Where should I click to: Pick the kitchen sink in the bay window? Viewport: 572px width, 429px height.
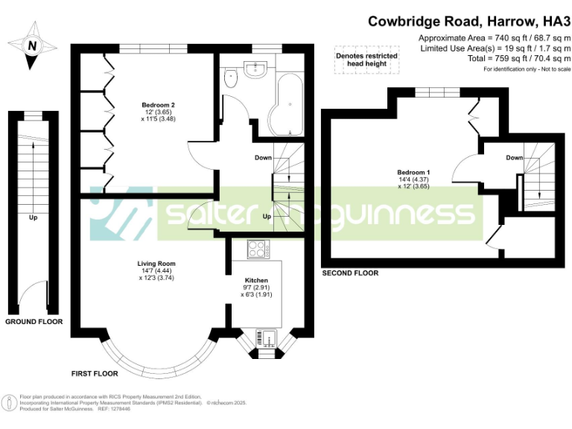[x=267, y=339]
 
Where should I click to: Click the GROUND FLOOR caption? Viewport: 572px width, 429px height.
[x=34, y=322]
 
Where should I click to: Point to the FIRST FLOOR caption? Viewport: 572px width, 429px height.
[x=95, y=372]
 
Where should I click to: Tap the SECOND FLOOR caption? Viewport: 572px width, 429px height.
[x=350, y=273]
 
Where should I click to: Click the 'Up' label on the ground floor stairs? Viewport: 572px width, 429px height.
[x=34, y=218]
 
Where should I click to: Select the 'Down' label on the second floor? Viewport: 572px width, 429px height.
[x=514, y=157]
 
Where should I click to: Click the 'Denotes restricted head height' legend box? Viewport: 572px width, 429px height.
[x=366, y=60]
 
